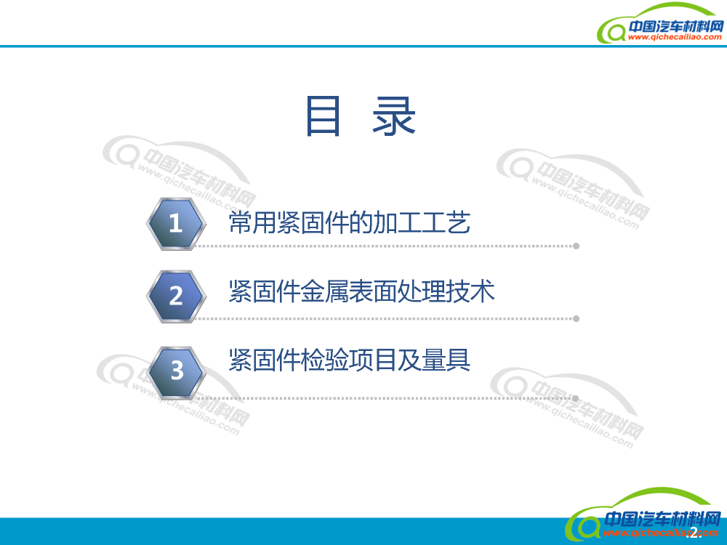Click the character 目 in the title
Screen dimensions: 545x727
click(324, 116)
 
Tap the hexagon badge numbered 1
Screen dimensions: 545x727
click(175, 223)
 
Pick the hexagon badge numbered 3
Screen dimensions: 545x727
click(177, 371)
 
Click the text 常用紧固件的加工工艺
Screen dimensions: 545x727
click(349, 222)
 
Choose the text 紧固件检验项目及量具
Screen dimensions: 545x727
click(349, 360)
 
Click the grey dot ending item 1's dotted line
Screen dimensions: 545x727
click(576, 246)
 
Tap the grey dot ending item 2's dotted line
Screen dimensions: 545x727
click(576, 318)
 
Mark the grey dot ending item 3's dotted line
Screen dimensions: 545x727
click(576, 398)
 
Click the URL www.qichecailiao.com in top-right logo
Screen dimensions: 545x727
click(674, 38)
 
